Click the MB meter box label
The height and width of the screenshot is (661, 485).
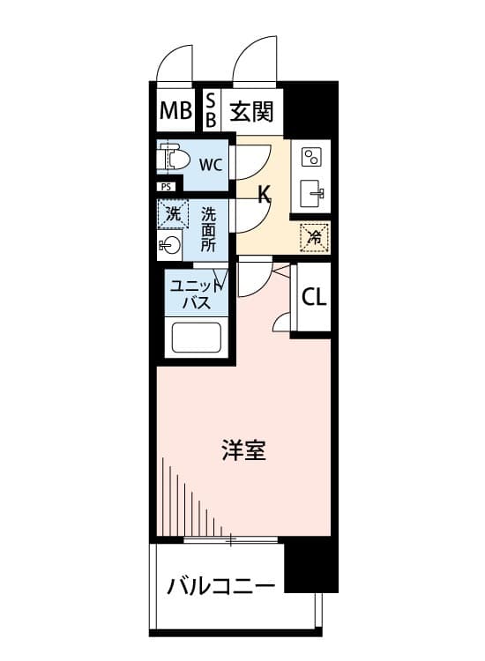[175, 110]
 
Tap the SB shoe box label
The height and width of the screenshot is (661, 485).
[211, 110]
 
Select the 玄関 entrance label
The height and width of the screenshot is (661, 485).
[252, 112]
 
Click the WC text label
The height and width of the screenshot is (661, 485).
[211, 165]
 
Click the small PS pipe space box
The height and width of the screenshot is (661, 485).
[167, 186]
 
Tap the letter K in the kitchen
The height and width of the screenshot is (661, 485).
[264, 195]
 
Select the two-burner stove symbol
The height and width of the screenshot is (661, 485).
[311, 157]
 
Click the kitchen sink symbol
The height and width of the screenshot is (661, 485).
[312, 194]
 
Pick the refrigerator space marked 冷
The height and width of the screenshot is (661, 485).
[314, 238]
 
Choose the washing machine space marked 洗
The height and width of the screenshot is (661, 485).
[172, 214]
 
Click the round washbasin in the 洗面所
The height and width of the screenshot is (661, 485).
[170, 245]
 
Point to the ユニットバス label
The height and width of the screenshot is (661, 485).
[197, 294]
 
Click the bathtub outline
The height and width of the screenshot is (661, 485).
[196, 338]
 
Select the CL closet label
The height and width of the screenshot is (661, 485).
[314, 298]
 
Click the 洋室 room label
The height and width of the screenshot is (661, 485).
[243, 449]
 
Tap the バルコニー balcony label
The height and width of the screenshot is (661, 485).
[221, 586]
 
